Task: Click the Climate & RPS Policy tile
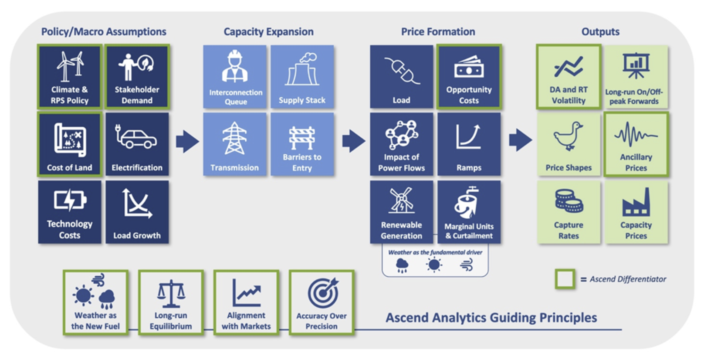point(70,77)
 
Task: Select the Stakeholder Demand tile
point(137,77)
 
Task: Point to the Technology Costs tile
point(70,212)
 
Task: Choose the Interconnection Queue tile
point(235,77)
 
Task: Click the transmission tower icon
point(234,139)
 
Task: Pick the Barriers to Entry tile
point(302,144)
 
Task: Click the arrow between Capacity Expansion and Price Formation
point(353,141)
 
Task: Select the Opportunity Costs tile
point(469,77)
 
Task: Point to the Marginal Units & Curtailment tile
point(469,212)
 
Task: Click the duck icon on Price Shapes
point(568,136)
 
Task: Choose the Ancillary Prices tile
point(636,144)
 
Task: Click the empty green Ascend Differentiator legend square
point(565,279)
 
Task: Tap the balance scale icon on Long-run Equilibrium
point(171,293)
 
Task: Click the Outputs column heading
point(600,32)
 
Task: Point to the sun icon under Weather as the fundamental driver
point(434,265)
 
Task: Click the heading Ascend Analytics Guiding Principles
point(491,318)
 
